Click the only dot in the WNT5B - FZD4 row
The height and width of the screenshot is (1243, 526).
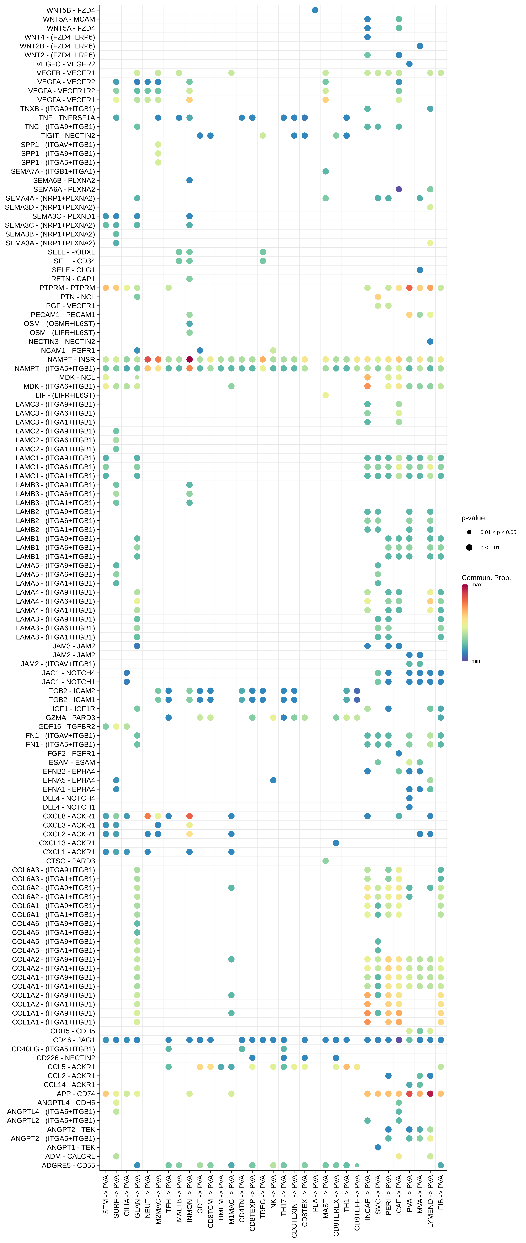click(315, 10)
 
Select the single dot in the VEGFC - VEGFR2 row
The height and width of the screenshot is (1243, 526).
click(409, 64)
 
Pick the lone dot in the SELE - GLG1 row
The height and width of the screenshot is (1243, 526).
click(420, 270)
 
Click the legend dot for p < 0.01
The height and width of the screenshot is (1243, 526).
click(469, 547)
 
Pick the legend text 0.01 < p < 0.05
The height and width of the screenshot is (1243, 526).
click(498, 532)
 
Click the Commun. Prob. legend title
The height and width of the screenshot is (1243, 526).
click(486, 578)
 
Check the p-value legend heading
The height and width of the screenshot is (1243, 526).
click(473, 518)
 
